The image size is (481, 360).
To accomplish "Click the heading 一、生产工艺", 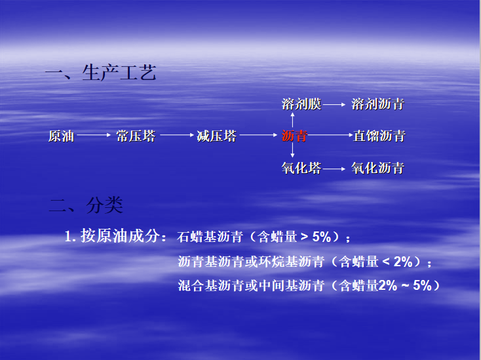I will [101, 73].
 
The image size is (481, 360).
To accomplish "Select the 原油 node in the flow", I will [62, 136].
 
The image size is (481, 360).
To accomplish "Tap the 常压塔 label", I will [136, 136].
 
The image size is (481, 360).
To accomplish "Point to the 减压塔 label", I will [216, 136].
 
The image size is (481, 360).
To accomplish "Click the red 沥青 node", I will [294, 136].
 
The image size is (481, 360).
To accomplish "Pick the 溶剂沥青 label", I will [378, 104].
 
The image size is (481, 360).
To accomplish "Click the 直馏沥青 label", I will [379, 136].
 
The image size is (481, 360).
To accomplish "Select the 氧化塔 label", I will [301, 169].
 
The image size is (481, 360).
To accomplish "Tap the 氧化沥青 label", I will [378, 169].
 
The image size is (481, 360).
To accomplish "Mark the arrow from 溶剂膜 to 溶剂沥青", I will [334, 104].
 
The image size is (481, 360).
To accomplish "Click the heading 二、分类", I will [86, 206].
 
